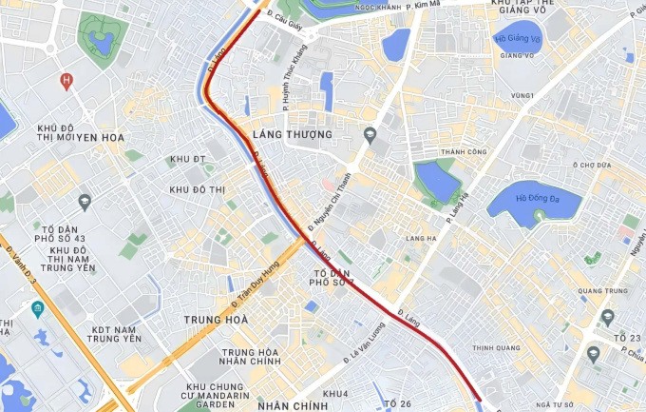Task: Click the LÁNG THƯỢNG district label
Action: [x=293, y=135]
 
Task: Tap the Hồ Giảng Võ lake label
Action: [x=517, y=39]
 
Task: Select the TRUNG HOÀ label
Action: [x=216, y=320]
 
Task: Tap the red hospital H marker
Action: [x=66, y=81]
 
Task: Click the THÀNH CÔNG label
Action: [x=464, y=152]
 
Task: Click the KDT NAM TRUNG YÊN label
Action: [x=114, y=333]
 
